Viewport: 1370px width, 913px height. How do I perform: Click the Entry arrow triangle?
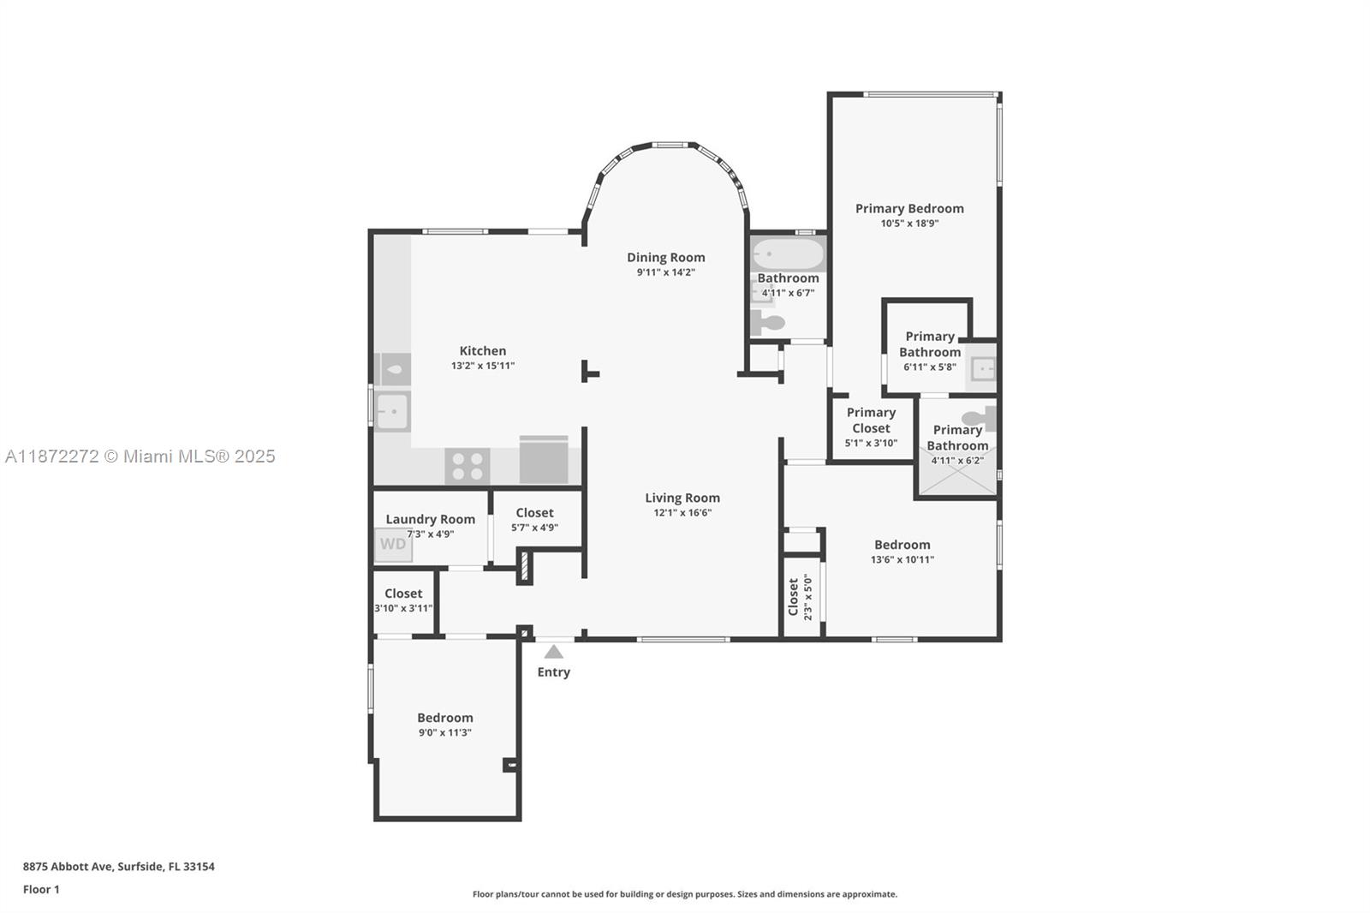[x=554, y=652]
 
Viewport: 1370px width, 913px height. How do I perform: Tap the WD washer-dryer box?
[x=393, y=545]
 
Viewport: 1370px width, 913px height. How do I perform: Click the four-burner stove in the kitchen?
[x=468, y=467]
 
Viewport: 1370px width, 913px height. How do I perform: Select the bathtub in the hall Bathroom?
[x=788, y=254]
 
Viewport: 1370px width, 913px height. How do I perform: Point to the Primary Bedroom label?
[x=909, y=208]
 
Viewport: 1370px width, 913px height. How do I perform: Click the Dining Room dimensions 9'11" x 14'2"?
[x=665, y=272]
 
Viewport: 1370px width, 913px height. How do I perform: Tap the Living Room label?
[x=682, y=498]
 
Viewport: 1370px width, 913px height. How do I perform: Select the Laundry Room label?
[x=430, y=519]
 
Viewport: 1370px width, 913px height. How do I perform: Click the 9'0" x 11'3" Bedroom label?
[x=444, y=718]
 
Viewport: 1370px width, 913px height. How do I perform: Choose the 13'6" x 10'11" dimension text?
[x=902, y=560]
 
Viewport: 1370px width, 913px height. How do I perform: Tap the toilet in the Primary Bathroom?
[x=978, y=419]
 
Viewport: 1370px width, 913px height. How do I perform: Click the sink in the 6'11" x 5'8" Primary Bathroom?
[x=982, y=369]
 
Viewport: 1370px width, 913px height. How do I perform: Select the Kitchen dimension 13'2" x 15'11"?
[x=483, y=366]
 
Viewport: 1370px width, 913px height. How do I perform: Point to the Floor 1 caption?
[x=41, y=890]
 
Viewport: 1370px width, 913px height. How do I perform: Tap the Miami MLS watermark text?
[x=140, y=456]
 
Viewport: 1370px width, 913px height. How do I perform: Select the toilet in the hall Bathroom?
[x=768, y=323]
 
